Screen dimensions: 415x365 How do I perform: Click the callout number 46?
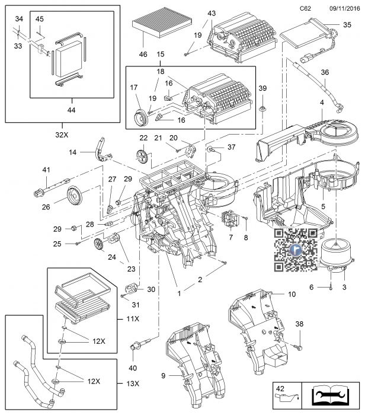142,54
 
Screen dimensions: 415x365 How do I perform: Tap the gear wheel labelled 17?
140,114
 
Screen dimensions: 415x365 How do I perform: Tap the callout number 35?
347,25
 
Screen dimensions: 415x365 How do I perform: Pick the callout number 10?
291,294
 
